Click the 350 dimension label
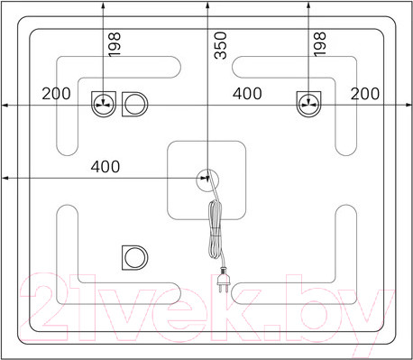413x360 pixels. pyautogui.click(x=220, y=45)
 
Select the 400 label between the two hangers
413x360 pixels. pyautogui.click(x=247, y=94)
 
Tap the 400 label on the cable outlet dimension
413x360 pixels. pyautogui.click(x=106, y=167)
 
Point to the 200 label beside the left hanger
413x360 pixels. pyautogui.click(x=56, y=94)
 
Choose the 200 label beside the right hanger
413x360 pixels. pyautogui.click(x=365, y=94)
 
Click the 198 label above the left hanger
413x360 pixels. pyautogui.click(x=115, y=44)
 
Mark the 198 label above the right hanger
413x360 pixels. pyautogui.click(x=319, y=44)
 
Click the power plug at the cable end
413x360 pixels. pyautogui.click(x=224, y=281)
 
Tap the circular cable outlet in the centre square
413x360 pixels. pyautogui.click(x=207, y=180)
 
